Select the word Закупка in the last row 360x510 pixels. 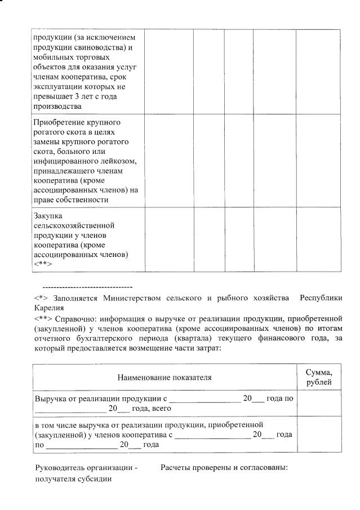48,215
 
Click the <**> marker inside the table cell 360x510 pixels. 43,263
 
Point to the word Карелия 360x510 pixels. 49,308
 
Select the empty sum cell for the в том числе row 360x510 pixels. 319,434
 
